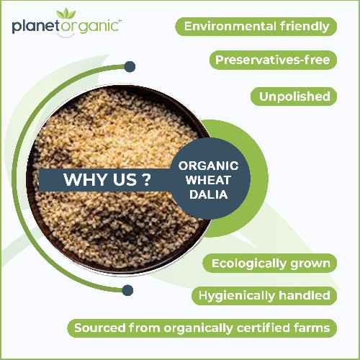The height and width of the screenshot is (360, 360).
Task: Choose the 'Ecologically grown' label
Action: pyautogui.click(x=271, y=263)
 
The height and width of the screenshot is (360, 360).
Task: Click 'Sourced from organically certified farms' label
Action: pyautogui.click(x=203, y=328)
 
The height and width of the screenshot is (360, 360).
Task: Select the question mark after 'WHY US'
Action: pyautogui.click(x=146, y=179)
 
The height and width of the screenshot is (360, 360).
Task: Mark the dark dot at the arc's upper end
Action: pyautogui.click(x=130, y=67)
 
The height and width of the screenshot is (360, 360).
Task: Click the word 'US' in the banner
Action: pyautogui.click(x=122, y=179)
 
